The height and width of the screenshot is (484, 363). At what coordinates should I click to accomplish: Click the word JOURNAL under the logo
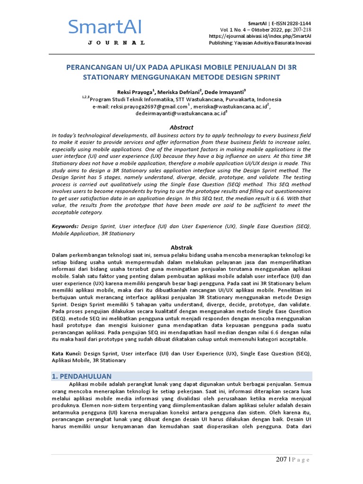tap(116, 43)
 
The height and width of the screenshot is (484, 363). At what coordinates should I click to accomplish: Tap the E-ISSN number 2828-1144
tap(296, 24)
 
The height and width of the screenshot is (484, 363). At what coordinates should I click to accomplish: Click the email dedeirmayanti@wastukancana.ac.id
tap(180, 114)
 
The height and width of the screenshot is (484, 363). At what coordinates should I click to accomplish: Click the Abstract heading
tap(181, 127)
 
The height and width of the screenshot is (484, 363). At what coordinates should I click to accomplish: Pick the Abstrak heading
tap(181, 247)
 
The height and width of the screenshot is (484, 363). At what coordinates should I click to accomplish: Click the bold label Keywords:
tap(65, 226)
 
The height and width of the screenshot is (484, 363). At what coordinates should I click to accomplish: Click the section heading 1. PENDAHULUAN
tap(81, 376)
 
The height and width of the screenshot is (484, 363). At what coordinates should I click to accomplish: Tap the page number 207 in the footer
tap(282, 459)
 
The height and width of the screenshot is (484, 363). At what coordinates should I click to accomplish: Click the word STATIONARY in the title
tap(109, 77)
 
